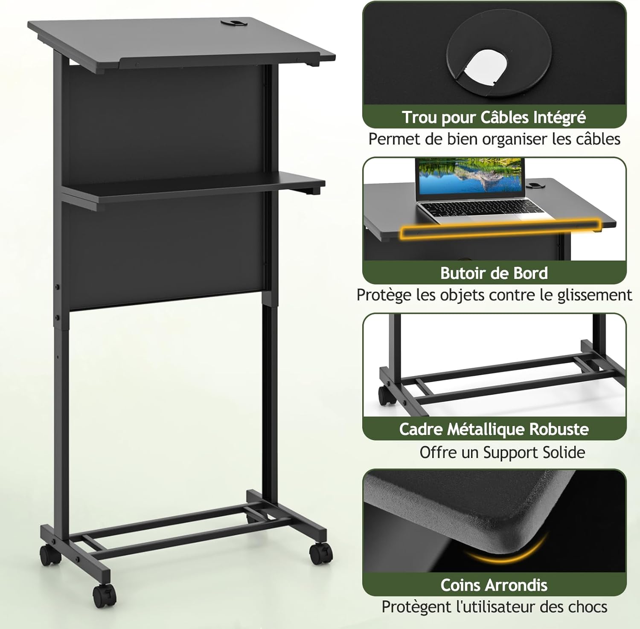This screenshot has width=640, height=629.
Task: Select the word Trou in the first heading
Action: (x=420, y=117)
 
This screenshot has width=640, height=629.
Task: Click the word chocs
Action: (x=588, y=606)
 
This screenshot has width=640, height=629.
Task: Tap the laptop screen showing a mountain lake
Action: (x=470, y=179)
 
